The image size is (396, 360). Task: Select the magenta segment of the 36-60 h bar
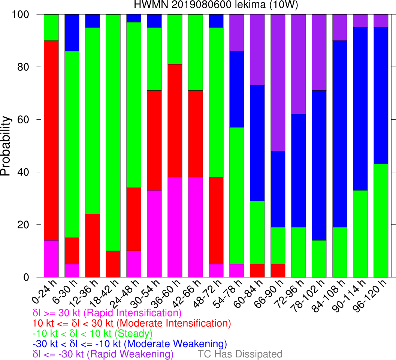tap(175, 227)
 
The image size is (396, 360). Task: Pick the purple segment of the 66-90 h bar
tap(278, 82)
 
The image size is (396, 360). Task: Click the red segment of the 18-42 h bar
tap(113, 264)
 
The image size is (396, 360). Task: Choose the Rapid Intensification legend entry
tap(107, 313)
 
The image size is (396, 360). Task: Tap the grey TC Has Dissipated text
tap(240, 354)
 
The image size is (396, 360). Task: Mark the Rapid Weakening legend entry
tap(103, 354)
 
